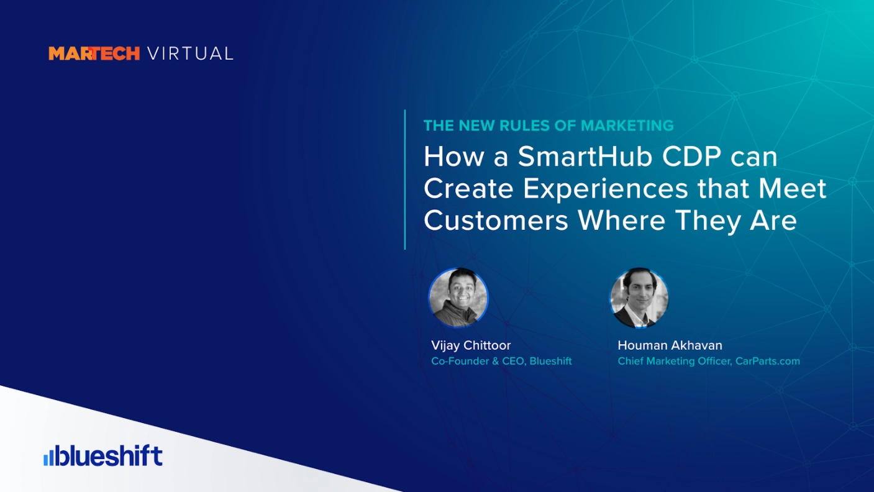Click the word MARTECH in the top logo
pyautogui.click(x=94, y=53)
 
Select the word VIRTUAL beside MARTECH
pyautogui.click(x=190, y=53)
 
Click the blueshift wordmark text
pyautogui.click(x=109, y=455)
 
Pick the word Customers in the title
pyautogui.click(x=496, y=221)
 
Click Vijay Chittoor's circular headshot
pyautogui.click(x=458, y=298)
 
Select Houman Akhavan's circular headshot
pyautogui.click(x=639, y=298)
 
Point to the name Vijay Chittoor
pyautogui.click(x=471, y=345)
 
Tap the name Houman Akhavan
pyautogui.click(x=670, y=345)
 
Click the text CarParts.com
pyautogui.click(x=767, y=361)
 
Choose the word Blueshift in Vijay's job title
pyautogui.click(x=550, y=361)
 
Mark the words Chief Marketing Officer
pyautogui.click(x=674, y=361)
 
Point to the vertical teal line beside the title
pyautogui.click(x=405, y=180)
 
